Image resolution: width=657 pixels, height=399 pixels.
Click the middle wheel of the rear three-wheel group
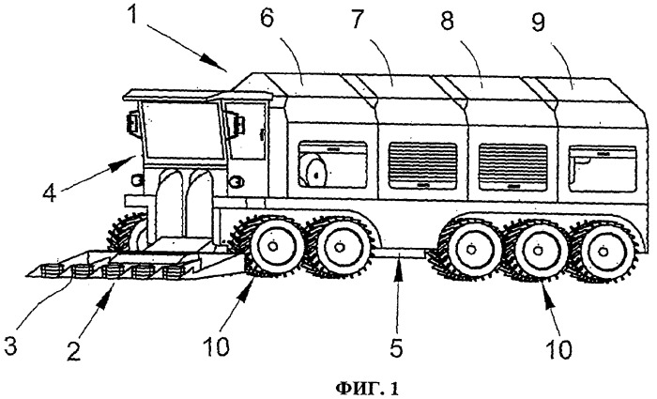tap(538, 252)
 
